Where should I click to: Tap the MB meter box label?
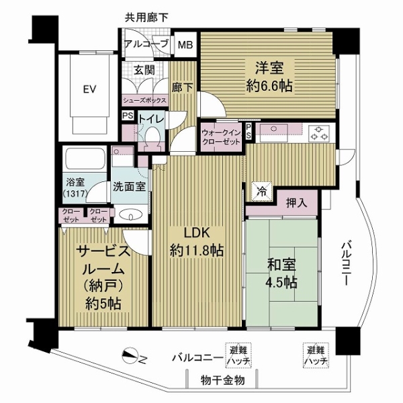[184, 46]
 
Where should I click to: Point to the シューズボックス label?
[144, 99]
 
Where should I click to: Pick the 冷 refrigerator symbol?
[260, 190]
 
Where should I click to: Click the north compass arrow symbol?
[134, 357]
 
